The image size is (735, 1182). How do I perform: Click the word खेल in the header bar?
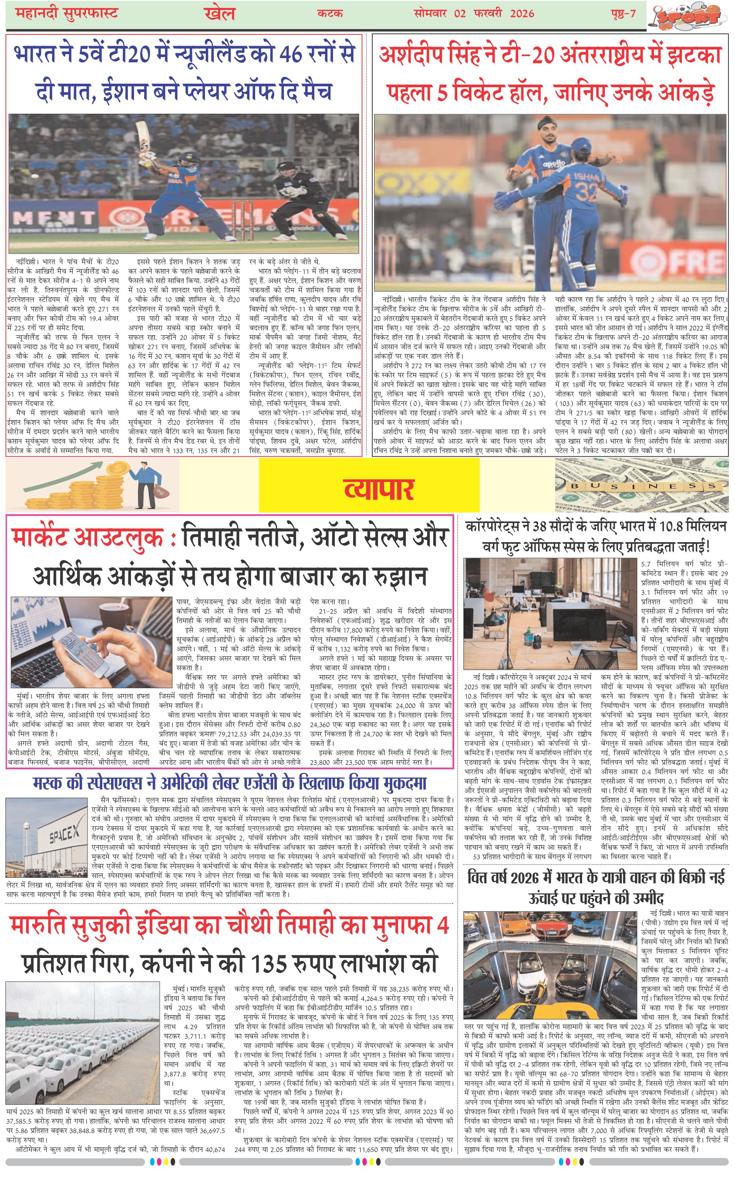click(220, 14)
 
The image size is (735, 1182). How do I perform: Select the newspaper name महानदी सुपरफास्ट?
click(67, 13)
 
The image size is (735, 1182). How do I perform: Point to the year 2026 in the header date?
click(522, 14)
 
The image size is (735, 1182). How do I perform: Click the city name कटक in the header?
click(330, 14)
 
